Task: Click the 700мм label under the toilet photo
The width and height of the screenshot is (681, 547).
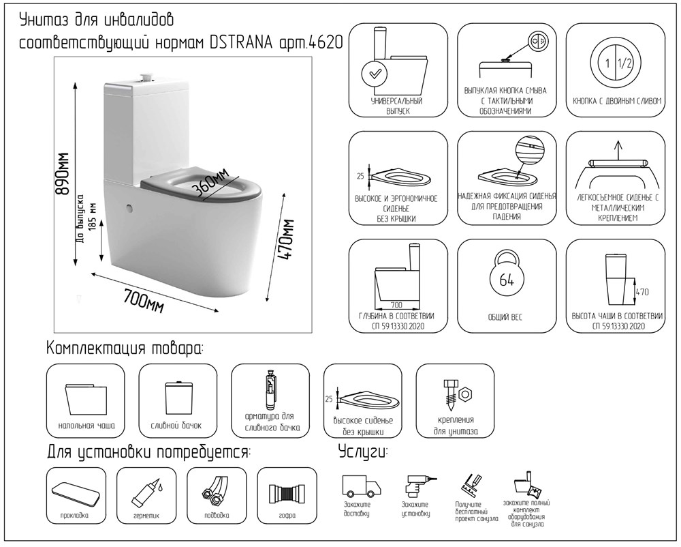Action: (144, 299)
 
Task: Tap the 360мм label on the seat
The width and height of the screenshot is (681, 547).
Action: (210, 181)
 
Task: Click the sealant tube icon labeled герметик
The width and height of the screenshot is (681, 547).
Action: (146, 490)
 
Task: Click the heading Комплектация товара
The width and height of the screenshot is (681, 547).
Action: (125, 349)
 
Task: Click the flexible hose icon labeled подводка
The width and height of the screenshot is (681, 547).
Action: (215, 492)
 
